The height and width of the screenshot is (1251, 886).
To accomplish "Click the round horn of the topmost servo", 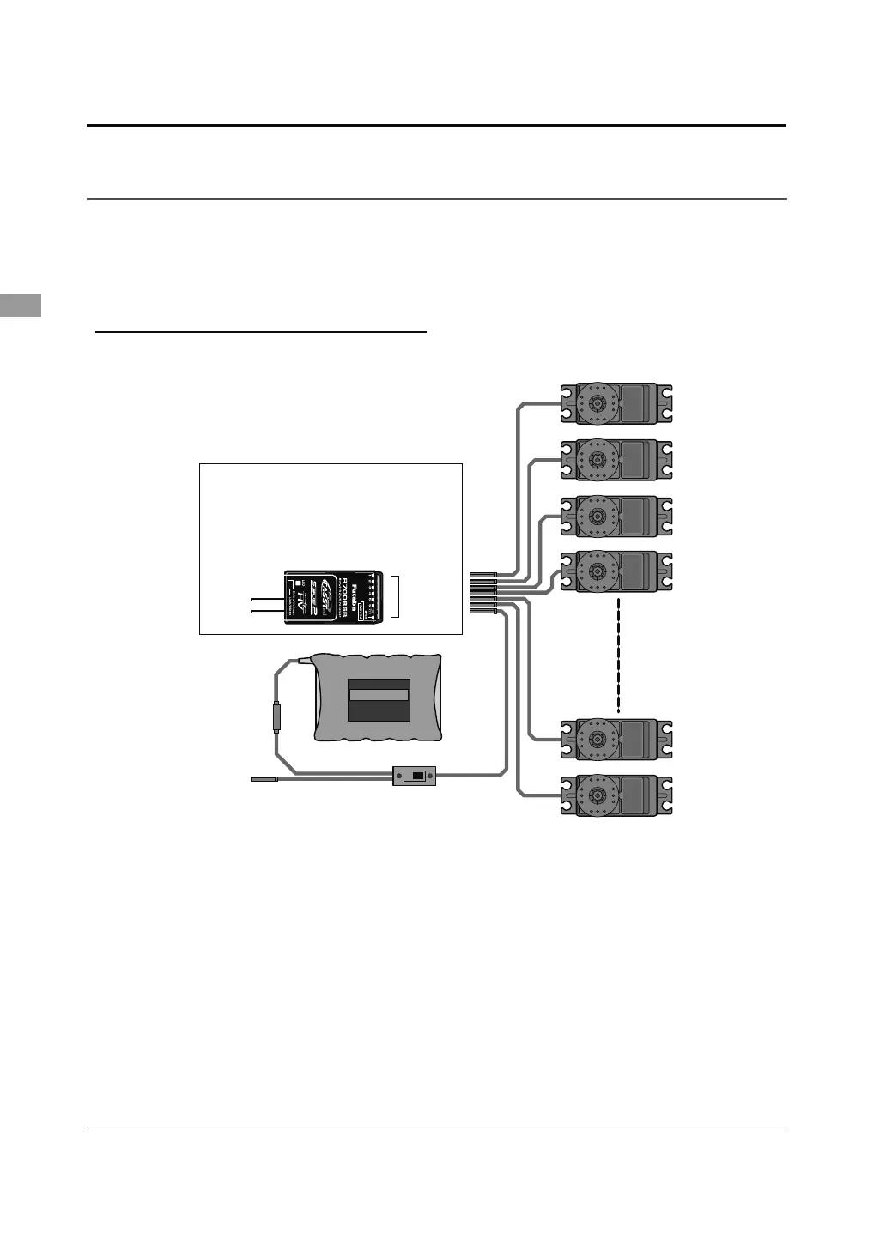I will tap(595, 403).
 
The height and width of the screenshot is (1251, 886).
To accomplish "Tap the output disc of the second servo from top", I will tap(595, 460).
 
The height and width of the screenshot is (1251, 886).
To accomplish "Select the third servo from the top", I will tap(616, 517).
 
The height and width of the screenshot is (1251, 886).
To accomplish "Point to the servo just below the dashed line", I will tap(616, 739).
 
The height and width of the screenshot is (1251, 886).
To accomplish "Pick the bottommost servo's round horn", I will tap(595, 795).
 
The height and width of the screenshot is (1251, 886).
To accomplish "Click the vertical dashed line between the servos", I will tap(618, 654).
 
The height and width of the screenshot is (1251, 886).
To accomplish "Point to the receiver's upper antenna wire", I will tap(267, 598).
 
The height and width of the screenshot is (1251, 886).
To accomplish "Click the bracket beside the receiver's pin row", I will tap(397, 597).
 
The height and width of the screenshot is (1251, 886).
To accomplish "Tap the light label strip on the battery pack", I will tap(379, 694).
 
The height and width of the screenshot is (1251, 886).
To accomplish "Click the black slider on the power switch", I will tap(417, 777).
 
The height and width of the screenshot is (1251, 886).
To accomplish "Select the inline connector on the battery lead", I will tap(276, 716).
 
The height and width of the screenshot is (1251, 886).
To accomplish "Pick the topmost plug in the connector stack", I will tap(484, 572).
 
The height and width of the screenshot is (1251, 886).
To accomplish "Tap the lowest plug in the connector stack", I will tap(484, 611).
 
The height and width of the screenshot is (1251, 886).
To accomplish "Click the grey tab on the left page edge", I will tap(20, 305).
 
